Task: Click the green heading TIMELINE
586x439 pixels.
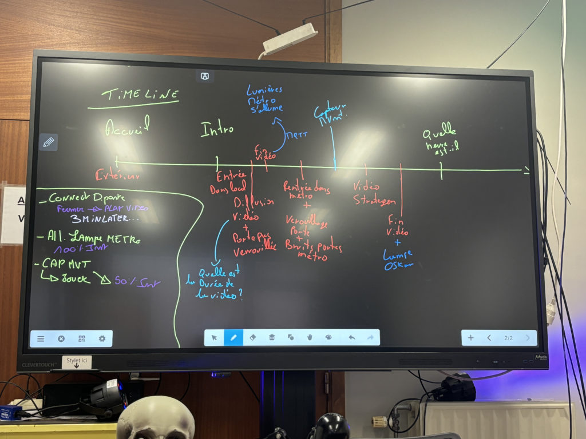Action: (140, 95)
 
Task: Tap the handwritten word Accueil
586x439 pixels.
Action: (128, 127)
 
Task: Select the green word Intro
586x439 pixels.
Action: (217, 129)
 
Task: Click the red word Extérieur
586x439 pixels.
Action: (118, 175)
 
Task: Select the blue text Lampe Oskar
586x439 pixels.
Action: (399, 260)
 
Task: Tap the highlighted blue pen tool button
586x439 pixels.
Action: (233, 338)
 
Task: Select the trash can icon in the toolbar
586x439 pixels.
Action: (272, 338)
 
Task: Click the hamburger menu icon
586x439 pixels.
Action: (41, 338)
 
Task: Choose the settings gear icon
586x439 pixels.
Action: (102, 338)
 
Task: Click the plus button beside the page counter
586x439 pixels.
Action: (470, 338)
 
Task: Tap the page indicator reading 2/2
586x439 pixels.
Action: (508, 338)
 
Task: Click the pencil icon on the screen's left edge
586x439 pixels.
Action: (49, 142)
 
